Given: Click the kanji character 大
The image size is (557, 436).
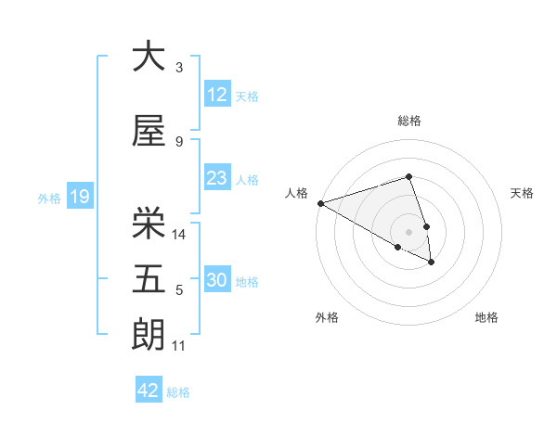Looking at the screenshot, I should [x=149, y=57].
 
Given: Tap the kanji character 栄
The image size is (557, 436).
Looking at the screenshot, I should [x=149, y=223].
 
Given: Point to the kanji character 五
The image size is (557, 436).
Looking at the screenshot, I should [x=149, y=279].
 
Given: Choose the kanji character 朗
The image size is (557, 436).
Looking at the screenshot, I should [x=149, y=335].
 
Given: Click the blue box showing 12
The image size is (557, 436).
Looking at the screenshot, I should [x=217, y=96].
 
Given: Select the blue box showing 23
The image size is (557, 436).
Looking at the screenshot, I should [x=217, y=179].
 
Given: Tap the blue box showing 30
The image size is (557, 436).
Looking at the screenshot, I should [x=217, y=281].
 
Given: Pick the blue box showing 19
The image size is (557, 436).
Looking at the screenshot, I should [x=79, y=197].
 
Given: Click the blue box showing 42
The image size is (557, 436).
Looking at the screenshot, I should [x=149, y=391].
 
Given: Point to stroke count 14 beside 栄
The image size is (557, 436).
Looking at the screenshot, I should [x=180, y=235].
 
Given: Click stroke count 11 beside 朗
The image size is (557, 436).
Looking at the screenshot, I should [x=179, y=346].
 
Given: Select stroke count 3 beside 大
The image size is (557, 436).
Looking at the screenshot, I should [x=179, y=68].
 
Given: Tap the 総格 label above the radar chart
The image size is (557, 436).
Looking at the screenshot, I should [x=409, y=121].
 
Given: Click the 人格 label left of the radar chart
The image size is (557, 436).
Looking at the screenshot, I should [x=296, y=193].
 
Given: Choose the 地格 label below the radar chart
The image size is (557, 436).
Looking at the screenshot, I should [x=486, y=317].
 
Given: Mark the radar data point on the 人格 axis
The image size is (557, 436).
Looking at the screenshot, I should [x=320, y=203].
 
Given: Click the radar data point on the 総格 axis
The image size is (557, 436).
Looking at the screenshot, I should [x=409, y=176].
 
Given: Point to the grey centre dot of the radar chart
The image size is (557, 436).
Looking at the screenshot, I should [x=408, y=231].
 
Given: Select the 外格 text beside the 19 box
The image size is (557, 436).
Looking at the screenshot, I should [x=48, y=198].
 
